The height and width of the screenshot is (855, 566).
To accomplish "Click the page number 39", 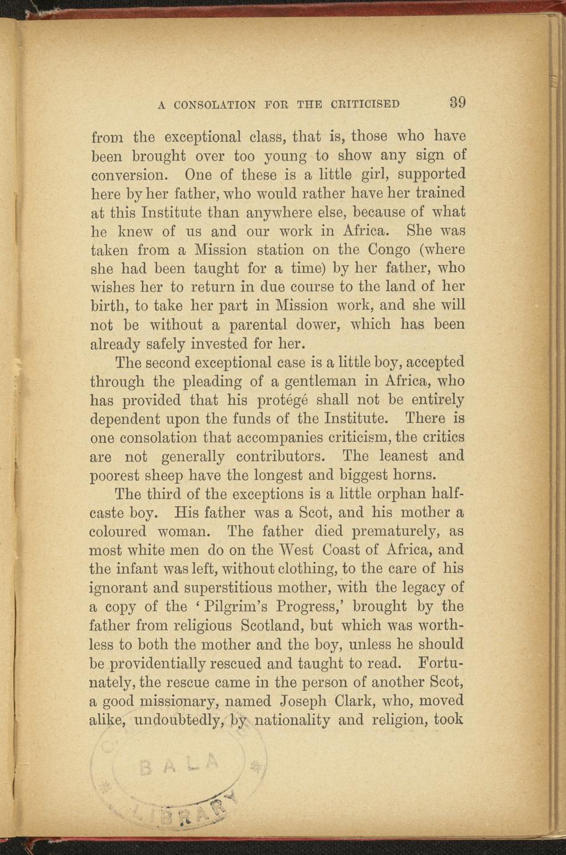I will click(458, 102).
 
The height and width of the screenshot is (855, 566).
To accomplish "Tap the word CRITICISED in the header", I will click(367, 104).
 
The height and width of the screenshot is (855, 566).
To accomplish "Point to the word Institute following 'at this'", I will click(179, 212).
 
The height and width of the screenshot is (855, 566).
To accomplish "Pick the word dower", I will click(321, 325).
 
